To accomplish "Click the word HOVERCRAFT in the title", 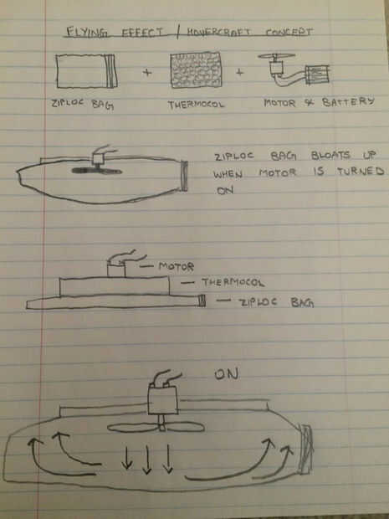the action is (x=218, y=32).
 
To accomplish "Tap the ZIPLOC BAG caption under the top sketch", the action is (x=83, y=104).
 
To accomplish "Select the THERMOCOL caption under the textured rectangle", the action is (x=196, y=105).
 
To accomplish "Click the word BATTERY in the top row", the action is (x=348, y=101).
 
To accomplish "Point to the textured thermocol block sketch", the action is (x=196, y=69).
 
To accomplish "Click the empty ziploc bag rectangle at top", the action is (x=86, y=71).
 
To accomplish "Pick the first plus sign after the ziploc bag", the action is (x=147, y=72).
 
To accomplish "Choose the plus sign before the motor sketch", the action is (x=239, y=72).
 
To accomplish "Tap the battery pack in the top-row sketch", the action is (x=317, y=75).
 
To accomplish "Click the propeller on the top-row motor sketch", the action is (x=277, y=56).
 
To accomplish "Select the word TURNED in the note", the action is (x=361, y=171).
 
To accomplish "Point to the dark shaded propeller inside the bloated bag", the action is (x=97, y=171).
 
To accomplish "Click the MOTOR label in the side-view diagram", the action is (x=177, y=266).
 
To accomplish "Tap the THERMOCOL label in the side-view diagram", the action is (x=233, y=283).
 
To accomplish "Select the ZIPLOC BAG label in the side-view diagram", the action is (x=277, y=302).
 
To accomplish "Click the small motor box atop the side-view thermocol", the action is (x=116, y=269).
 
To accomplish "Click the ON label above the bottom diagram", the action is (x=227, y=374).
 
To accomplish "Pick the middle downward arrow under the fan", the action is (x=147, y=460).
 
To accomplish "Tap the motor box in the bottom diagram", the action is (x=163, y=399).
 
